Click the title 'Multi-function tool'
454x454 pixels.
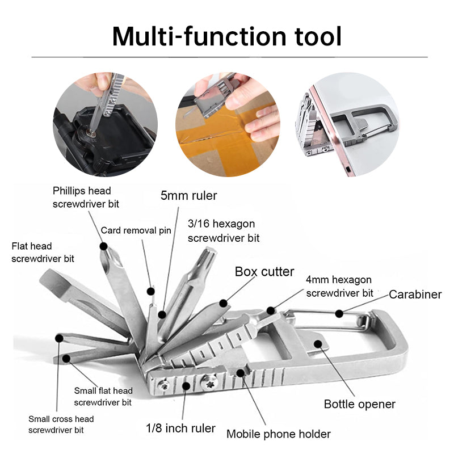pos(227,36)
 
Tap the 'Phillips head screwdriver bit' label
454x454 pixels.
pos(82,197)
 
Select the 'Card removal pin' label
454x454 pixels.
pos(136,230)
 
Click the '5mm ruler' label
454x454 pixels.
pos(188,196)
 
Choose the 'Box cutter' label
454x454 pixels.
pos(264,271)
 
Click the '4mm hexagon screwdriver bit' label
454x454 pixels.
pos(339,286)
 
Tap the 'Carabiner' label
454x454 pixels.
pos(415,294)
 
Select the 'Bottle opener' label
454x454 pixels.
pos(359,404)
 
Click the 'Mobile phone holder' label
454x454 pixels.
pos(278,434)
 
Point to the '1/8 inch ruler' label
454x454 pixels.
pos(180,428)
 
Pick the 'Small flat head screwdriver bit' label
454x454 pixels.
pos(103,396)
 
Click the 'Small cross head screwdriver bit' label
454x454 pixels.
pos(61,424)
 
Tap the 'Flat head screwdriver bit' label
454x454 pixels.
pos(43,252)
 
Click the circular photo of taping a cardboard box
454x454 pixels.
pos(228,124)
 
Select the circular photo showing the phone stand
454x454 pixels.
pos(347,124)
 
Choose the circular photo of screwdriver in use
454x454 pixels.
pos(106,124)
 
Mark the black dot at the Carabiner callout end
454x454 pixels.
pos(339,313)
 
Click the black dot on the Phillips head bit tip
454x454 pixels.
pos(104,246)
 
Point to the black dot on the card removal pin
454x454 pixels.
pos(150,292)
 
